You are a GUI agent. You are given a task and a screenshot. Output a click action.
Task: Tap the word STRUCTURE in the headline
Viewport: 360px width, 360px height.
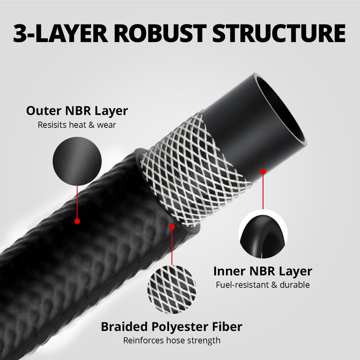coord(278,33)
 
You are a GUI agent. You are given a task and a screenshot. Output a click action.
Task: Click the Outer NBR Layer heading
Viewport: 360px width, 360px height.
coord(77,110)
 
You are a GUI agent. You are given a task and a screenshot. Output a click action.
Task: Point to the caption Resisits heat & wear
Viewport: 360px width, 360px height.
coord(77,124)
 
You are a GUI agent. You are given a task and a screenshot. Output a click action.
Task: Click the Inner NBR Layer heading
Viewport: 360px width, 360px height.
coord(262,271)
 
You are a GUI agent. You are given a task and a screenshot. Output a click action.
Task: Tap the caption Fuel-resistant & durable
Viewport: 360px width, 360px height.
coord(262,285)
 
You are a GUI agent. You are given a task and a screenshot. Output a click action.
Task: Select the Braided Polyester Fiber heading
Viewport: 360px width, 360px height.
coord(171,327)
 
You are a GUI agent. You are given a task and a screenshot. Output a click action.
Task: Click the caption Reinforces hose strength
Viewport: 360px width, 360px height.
coord(171,340)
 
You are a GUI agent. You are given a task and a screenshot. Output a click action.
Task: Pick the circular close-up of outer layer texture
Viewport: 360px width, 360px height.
coord(77,161)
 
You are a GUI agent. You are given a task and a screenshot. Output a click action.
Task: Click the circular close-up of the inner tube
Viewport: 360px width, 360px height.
coord(262,234)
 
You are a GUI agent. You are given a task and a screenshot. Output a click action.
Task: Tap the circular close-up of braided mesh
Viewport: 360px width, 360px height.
coord(171,289)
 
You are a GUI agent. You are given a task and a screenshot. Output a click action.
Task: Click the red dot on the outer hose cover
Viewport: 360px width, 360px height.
coord(77,220)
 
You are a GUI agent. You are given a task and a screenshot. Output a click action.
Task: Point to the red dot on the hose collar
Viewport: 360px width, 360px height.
coord(172,226)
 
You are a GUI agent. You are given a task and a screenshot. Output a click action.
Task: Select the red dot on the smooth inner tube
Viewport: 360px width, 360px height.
coord(262,171)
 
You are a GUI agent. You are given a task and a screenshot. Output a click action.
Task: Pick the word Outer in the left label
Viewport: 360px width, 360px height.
coord(42,110)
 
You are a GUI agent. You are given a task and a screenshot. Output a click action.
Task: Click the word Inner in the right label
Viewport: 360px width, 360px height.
coord(228,271)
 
